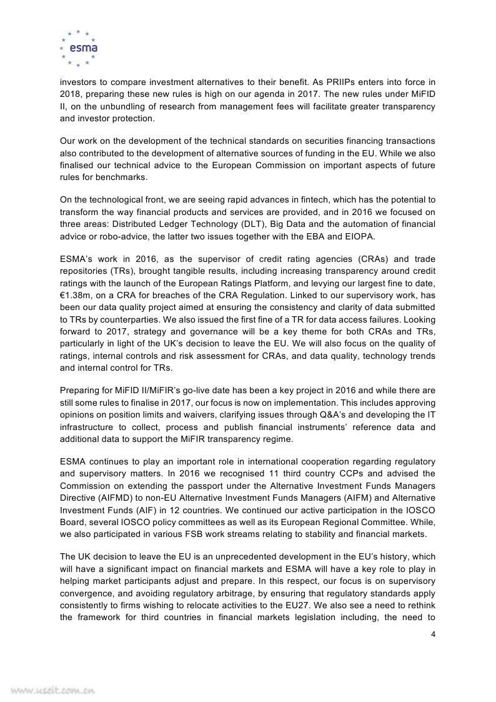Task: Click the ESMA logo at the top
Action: [x=78, y=48]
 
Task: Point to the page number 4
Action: [x=433, y=635]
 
